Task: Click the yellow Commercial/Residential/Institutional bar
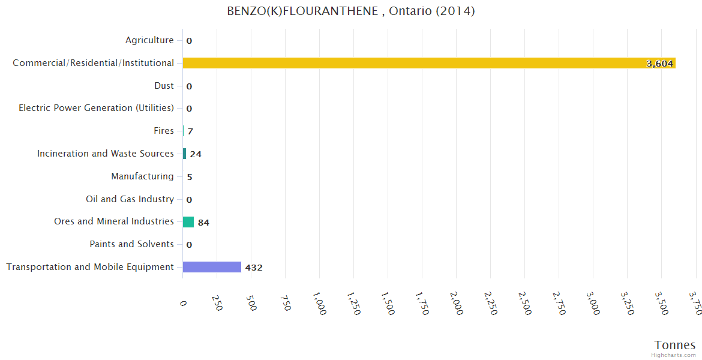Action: [x=429, y=63]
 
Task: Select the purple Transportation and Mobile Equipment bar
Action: [x=212, y=267]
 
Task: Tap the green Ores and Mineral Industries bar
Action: [x=188, y=222]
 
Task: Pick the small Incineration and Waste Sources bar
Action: [x=184, y=154]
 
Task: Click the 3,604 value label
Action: [x=659, y=64]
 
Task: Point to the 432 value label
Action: [x=254, y=268]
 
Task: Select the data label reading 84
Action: [x=203, y=223]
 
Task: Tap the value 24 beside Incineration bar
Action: [x=196, y=154]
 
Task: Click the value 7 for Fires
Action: [x=190, y=131]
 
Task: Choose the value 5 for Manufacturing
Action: [x=190, y=177]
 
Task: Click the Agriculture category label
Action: [x=149, y=40]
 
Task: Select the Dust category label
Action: [x=164, y=86]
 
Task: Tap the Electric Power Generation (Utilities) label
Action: [x=96, y=108]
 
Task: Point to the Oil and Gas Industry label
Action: [x=130, y=199]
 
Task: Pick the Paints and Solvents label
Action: [x=131, y=244]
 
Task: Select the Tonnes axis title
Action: [x=674, y=345]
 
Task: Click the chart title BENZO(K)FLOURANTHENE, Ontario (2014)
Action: [x=351, y=11]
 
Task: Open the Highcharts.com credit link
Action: [x=674, y=355]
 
